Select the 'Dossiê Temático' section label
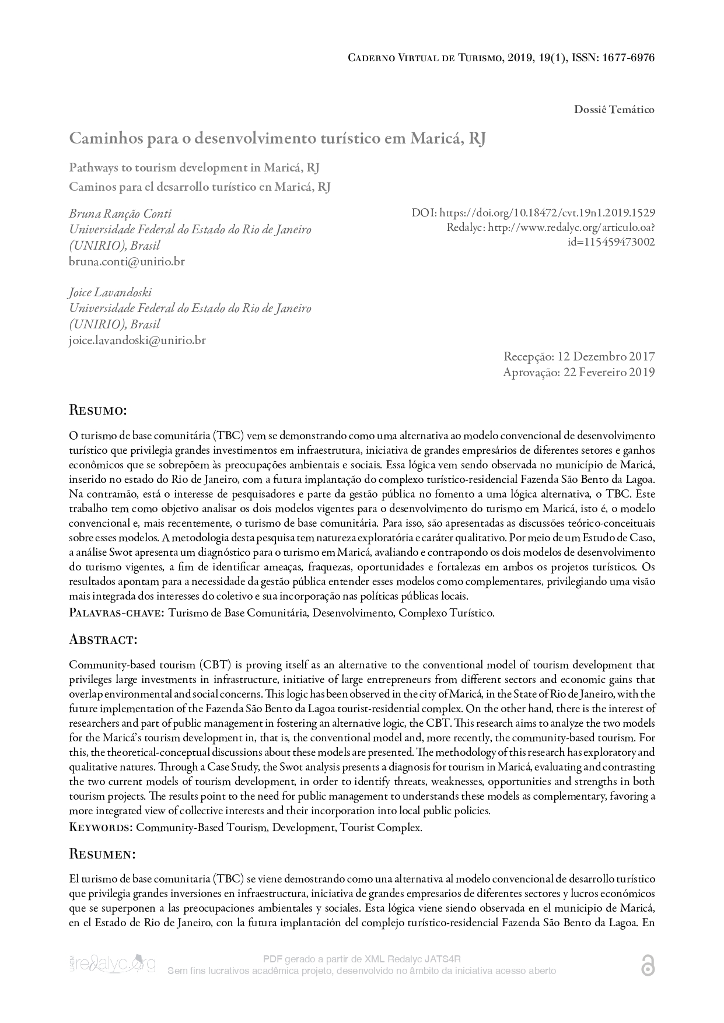click(614, 110)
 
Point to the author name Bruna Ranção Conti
click(120, 213)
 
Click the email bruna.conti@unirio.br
click(127, 261)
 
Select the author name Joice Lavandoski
click(110, 292)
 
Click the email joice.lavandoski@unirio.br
click(137, 340)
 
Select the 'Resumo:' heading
click(98, 410)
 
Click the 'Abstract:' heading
click(103, 639)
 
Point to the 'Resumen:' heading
click(103, 854)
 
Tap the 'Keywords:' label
click(101, 828)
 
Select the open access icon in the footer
click(648, 966)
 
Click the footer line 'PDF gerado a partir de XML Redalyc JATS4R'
click(362, 959)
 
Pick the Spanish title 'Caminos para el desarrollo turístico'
click(200, 187)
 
